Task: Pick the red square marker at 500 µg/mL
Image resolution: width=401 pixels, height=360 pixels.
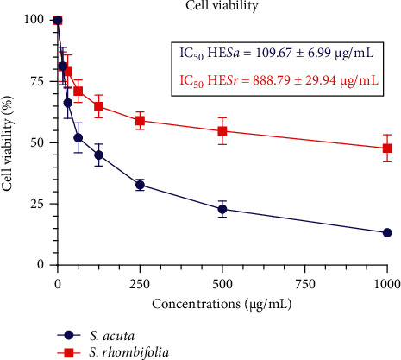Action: tap(222, 130)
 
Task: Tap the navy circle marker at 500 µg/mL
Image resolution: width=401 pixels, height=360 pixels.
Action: tap(222, 209)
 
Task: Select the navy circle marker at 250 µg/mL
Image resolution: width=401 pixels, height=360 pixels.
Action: tap(140, 184)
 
